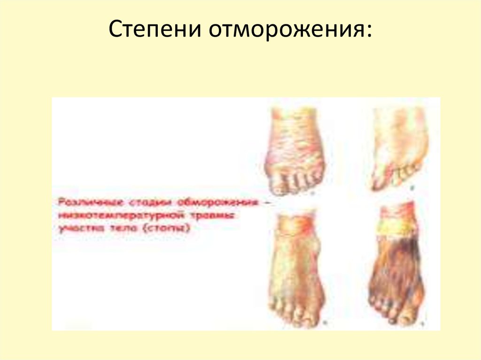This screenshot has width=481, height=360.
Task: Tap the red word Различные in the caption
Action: [x=82, y=203]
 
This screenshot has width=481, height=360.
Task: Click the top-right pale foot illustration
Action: [x=400, y=148]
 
